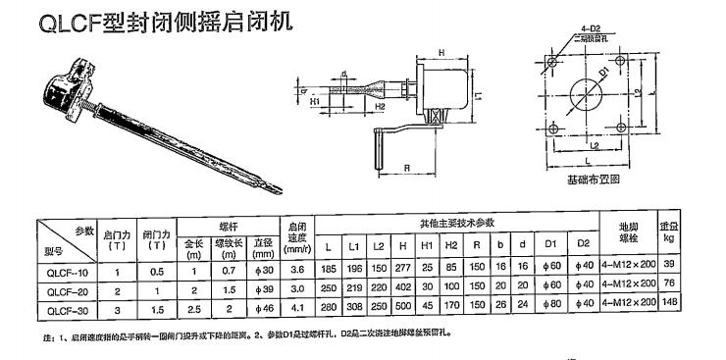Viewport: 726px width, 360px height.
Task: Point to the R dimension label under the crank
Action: tap(406, 168)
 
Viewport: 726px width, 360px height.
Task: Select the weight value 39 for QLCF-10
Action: tap(697, 271)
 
